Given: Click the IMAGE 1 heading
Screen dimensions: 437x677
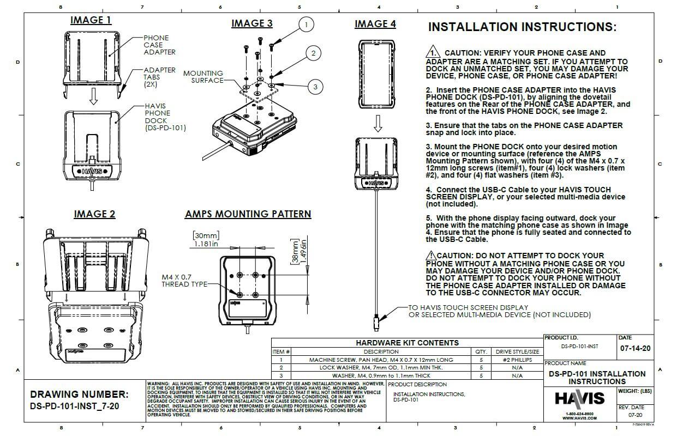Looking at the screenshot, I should click(91, 21).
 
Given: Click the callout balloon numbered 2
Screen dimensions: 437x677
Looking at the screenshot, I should click(313, 53).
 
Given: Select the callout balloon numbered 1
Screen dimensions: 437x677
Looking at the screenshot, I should click(307, 24).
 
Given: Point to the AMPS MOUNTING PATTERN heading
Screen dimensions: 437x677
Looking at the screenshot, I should click(248, 214).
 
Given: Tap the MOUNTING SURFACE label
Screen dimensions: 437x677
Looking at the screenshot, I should click(203, 77).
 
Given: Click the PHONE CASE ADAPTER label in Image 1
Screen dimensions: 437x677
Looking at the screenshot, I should click(159, 45).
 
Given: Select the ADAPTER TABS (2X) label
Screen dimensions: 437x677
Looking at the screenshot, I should click(159, 77).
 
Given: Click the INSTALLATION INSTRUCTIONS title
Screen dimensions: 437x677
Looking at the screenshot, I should click(522, 27).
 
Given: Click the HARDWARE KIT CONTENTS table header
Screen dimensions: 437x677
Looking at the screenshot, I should click(407, 343).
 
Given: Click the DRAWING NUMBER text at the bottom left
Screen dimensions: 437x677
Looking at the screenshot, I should click(79, 394).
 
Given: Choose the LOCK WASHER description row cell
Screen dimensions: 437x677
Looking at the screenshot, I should click(381, 368).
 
